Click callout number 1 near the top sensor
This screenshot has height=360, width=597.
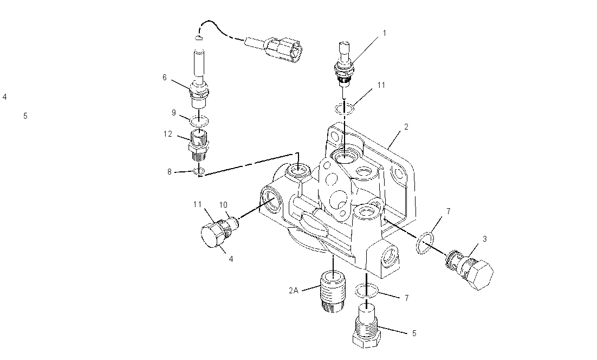point(385,33)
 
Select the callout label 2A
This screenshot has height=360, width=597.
point(293,291)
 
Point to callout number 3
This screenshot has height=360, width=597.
point(485,239)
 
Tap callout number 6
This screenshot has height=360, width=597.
point(165,78)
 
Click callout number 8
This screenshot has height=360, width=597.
point(170,172)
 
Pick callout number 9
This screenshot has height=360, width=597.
point(173,113)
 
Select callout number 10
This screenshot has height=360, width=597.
point(223,205)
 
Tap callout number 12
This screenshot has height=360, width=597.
point(168,134)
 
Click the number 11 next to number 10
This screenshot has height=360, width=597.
point(197,204)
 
